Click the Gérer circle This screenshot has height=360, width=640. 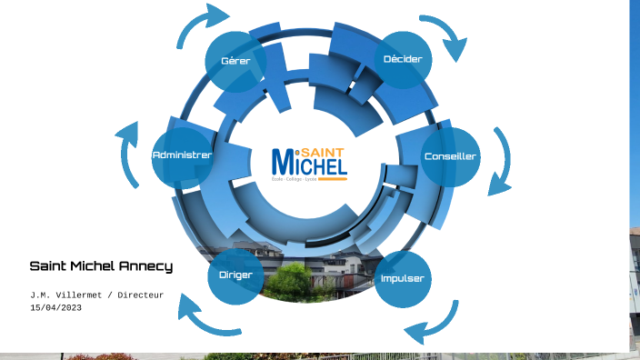[x=235, y=61]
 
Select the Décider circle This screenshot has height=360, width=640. [x=403, y=59]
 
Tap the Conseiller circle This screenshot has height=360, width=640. [x=450, y=156]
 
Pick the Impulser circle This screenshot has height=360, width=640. [x=402, y=279]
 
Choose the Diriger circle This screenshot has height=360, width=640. [x=235, y=274]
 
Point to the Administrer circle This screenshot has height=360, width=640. [x=182, y=155]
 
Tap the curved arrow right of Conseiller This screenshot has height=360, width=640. [x=501, y=162]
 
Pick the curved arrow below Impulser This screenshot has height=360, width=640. [x=434, y=325]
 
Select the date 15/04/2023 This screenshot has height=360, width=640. [x=55, y=307]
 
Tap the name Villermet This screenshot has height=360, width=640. [x=80, y=295]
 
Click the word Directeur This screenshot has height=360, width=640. [x=140, y=295]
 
